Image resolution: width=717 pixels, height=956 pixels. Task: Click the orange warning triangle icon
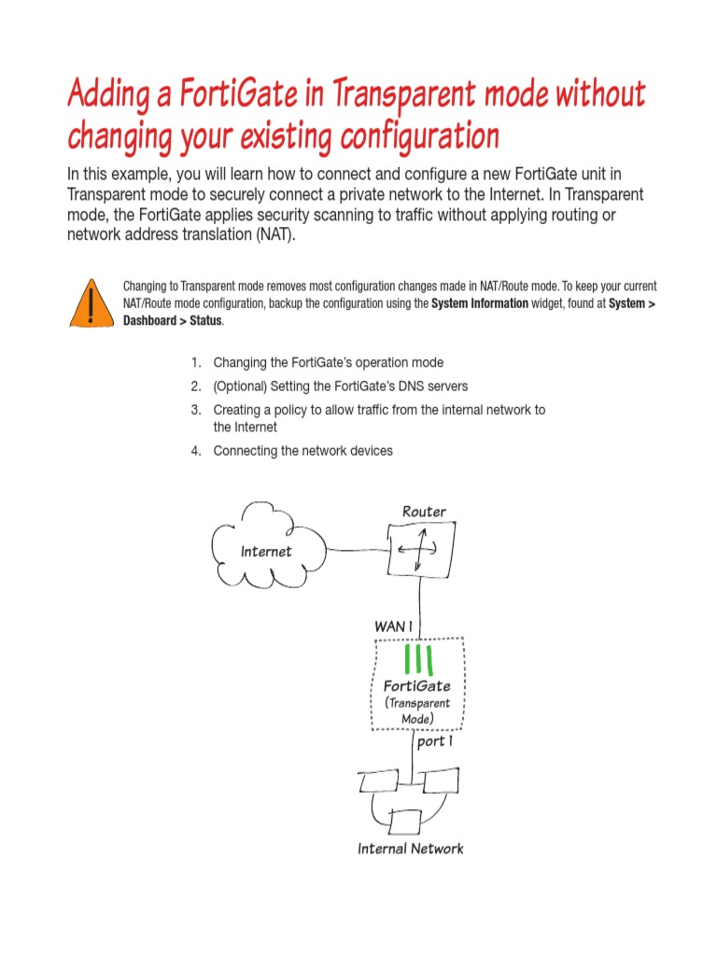tap(90, 302)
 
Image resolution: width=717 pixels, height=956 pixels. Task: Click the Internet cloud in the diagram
tap(267, 551)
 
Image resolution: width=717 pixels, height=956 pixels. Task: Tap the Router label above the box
tap(424, 512)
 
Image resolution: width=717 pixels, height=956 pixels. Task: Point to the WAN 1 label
tap(393, 626)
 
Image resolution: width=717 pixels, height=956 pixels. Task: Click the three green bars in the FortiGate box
tap(416, 659)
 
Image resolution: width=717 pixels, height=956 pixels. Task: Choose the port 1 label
tap(435, 742)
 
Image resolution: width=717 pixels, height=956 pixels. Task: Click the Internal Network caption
tap(410, 849)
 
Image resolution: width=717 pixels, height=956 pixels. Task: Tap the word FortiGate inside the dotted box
tap(417, 686)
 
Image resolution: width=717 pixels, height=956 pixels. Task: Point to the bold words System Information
tap(479, 303)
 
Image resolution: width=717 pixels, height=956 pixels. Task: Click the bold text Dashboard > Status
tap(173, 321)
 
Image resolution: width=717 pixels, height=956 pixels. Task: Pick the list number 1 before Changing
tap(196, 362)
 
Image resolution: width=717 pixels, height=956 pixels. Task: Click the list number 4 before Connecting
tap(196, 451)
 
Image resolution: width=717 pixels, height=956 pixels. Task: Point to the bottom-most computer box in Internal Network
tap(407, 822)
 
